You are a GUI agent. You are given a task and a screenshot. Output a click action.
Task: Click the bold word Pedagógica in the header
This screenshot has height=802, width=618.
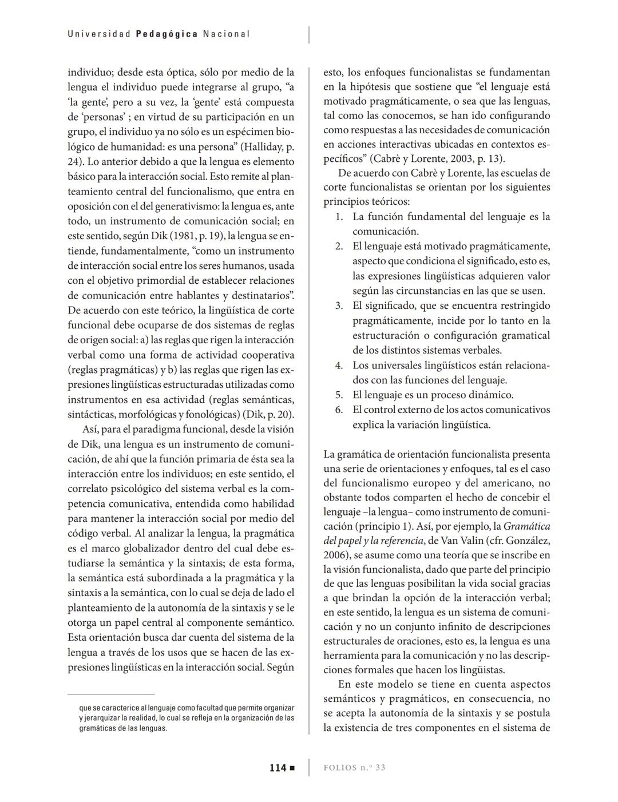[x=167, y=34]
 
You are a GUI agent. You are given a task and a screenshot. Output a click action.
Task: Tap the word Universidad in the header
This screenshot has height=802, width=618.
[x=99, y=34]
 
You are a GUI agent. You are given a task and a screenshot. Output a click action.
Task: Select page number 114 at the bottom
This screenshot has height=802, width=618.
[x=278, y=768]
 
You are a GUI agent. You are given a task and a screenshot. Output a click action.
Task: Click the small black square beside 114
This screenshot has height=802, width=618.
[x=292, y=768]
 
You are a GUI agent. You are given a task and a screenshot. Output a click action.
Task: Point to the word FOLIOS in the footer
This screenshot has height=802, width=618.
[x=340, y=768]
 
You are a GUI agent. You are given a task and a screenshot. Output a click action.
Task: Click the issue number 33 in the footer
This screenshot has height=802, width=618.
[x=380, y=768]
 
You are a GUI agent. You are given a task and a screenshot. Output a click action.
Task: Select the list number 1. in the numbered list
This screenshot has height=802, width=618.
[x=339, y=217]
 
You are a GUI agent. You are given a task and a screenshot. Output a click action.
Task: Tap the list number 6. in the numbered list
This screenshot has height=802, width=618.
[x=339, y=410]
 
